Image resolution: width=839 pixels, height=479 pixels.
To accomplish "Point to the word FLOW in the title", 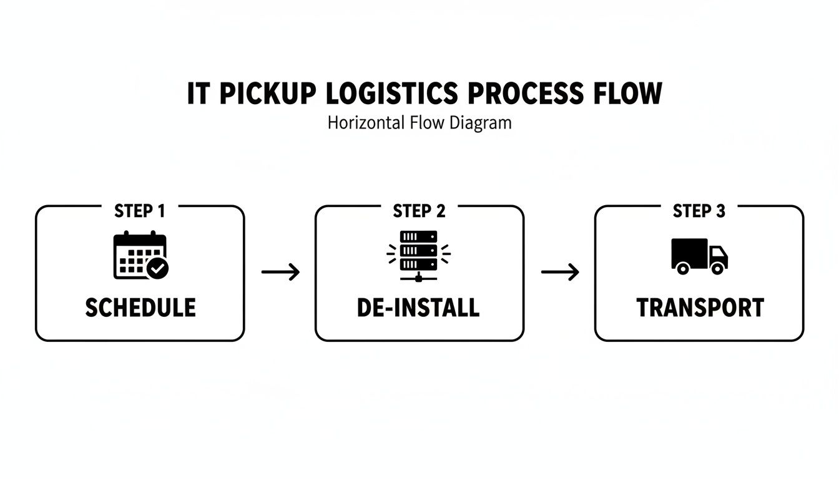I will (625, 94).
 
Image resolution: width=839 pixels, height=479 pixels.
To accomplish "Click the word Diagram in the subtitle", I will (480, 123).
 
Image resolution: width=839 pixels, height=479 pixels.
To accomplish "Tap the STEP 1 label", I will (140, 211).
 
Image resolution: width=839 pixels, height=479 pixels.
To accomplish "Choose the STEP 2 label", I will (419, 211).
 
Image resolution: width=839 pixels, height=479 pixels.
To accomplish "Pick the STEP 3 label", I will (699, 211).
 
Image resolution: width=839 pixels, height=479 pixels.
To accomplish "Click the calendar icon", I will (139, 255).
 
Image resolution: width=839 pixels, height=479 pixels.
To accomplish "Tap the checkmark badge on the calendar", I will (157, 269).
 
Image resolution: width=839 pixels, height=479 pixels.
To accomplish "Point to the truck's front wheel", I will (718, 268).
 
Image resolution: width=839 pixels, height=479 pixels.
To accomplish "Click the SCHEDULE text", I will (140, 307).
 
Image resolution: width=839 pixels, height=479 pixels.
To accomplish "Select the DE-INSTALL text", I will (418, 307).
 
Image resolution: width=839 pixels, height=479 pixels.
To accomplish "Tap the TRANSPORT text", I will (700, 307).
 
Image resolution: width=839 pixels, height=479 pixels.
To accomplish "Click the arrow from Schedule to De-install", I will (280, 272).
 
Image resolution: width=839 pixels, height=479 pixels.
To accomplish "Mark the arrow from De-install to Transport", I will (560, 272).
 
